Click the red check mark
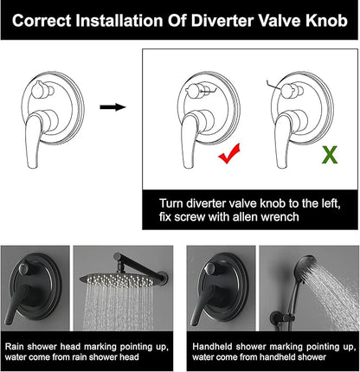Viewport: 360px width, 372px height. pyautogui.click(x=229, y=154)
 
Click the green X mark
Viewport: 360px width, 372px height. pyautogui.click(x=330, y=155)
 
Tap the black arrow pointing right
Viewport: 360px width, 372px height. pyautogui.click(x=112, y=107)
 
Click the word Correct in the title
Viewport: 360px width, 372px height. pyautogui.click(x=42, y=21)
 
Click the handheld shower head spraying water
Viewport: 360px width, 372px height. pyautogui.click(x=305, y=266)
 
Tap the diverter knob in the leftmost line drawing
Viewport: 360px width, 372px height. pyautogui.click(x=39, y=90)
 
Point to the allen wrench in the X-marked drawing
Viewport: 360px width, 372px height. pyautogui.click(x=274, y=85)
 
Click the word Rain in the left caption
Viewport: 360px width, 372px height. pyautogui.click(x=15, y=346)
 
